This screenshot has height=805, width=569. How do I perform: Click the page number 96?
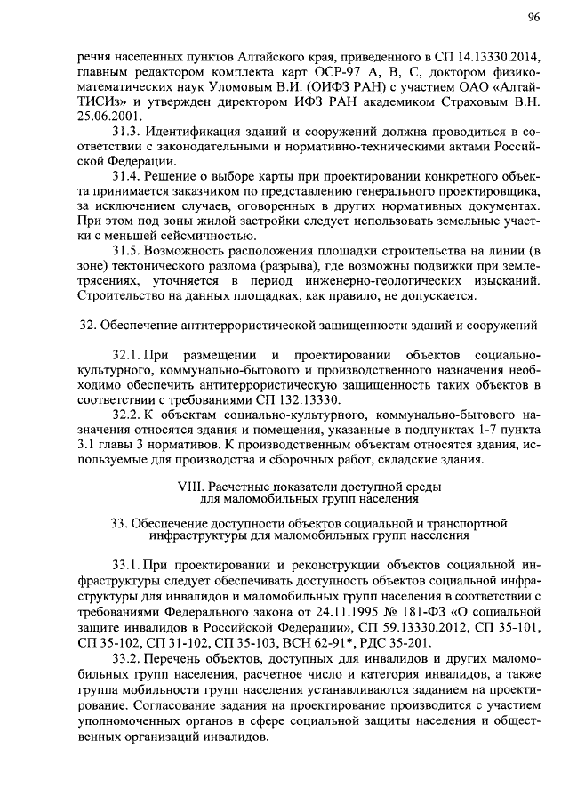point(533,17)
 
